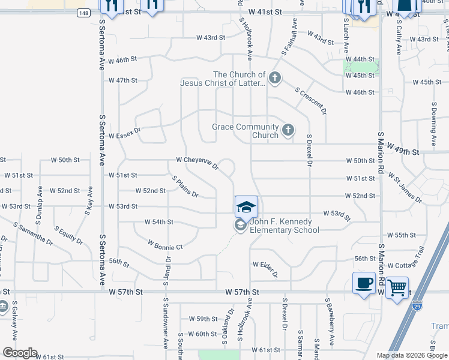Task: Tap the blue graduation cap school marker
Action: coord(246,207)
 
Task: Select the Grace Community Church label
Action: coord(246,131)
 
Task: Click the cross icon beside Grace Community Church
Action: coord(288,130)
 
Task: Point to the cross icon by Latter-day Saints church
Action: coord(274,77)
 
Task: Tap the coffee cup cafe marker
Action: coord(364,284)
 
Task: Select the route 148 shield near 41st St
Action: coord(83,12)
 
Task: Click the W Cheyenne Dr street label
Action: coord(197,163)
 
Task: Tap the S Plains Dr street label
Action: coord(185,187)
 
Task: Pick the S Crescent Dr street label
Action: coord(311,100)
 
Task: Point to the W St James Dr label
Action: coord(405,186)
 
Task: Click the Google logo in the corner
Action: coord(20,353)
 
